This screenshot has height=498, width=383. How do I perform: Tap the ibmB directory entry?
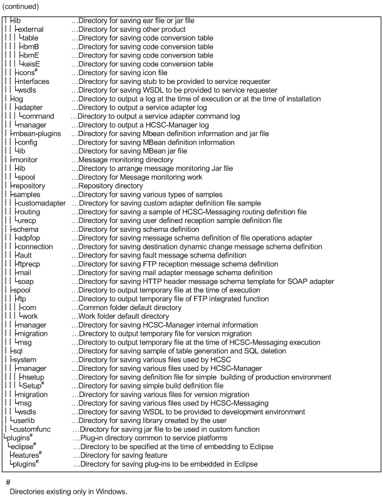31,46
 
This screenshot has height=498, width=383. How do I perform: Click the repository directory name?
28,186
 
